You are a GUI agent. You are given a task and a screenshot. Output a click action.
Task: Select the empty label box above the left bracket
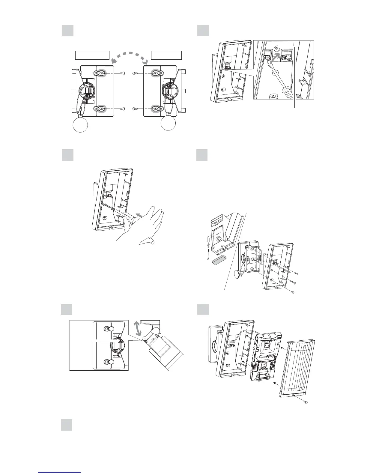[92, 55]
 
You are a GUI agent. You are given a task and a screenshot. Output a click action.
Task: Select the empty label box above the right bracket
[166, 55]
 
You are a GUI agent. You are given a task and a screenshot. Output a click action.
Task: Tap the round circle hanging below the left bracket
[80, 124]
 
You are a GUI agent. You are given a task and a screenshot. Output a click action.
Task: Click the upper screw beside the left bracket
[122, 73]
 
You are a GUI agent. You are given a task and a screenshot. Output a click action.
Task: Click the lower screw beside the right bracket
[135, 109]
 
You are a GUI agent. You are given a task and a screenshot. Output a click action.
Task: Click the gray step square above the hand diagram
[68, 155]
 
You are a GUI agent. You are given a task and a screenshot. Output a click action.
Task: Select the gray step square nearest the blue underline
[67, 425]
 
